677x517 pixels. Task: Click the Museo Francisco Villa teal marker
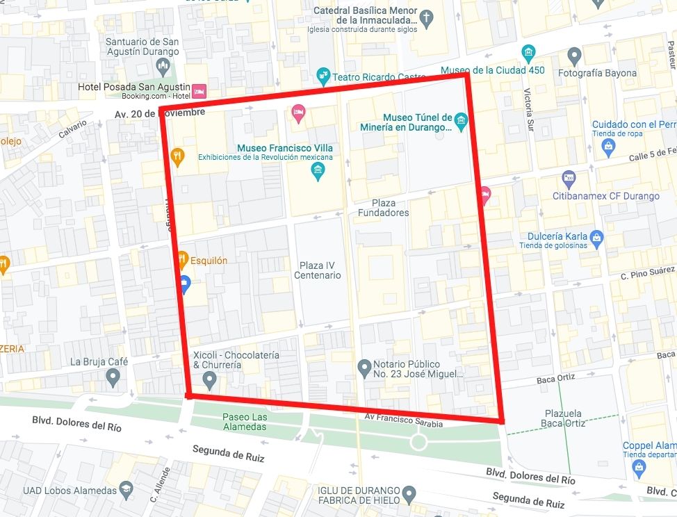coord(318,170)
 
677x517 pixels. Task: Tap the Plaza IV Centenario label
coord(320,270)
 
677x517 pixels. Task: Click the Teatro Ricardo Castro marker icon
coord(323,76)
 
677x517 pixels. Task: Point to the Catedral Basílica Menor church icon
coord(427,16)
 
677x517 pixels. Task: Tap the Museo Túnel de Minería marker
coord(460,123)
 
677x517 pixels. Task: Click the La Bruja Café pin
coord(113,377)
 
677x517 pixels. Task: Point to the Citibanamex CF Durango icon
coord(569,179)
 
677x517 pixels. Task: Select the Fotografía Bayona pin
coord(574,55)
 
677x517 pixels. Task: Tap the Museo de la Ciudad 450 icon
coord(529,53)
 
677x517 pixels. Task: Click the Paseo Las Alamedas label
coord(244,422)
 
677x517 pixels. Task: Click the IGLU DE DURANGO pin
coord(409,494)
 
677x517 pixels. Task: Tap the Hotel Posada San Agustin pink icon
coord(199,91)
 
